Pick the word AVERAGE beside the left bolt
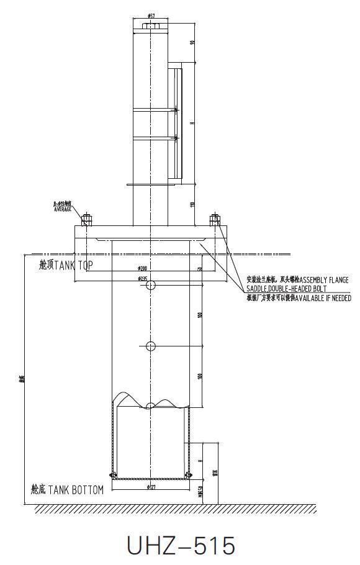pos(63,209)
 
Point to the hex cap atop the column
pos(151,27)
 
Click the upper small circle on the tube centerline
pos(151,284)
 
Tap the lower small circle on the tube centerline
pos(151,346)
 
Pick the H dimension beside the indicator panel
pos(193,123)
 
